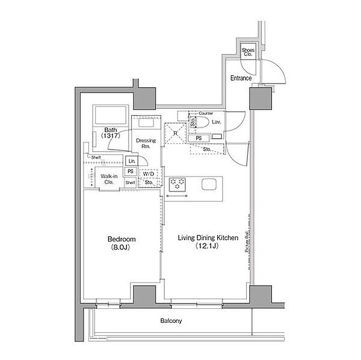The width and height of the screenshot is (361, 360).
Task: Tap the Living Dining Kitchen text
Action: pos(208,238)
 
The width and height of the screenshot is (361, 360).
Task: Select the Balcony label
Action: pos(171,321)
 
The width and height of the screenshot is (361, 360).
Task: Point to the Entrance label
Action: pos(241,78)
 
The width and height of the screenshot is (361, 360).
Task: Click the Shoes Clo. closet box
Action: pos(248,53)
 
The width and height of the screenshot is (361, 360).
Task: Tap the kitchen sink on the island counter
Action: pos(208,184)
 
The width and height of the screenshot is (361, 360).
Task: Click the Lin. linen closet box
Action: pos(132,161)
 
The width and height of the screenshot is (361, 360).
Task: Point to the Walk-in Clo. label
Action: pos(109,178)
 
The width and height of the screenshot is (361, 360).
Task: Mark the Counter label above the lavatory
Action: pos(206,113)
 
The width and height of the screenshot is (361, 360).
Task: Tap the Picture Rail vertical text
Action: pos(247,246)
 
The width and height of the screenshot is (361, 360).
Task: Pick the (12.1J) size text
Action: pos(208,246)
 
